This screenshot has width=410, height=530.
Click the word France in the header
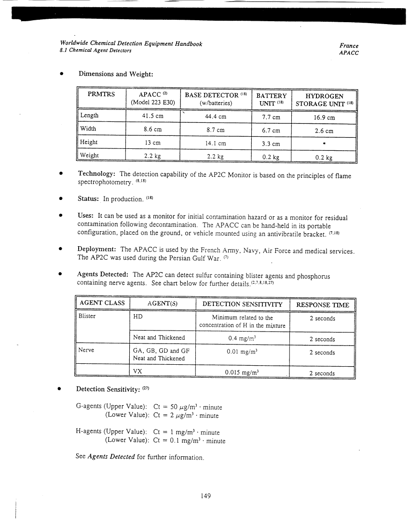coord(349,45)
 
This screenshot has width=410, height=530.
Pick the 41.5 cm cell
coord(152,117)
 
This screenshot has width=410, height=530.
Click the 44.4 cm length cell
coord(215,117)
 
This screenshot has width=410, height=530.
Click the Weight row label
coord(89,155)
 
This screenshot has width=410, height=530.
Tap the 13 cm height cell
coord(152,143)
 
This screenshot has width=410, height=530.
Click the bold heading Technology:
coord(96,174)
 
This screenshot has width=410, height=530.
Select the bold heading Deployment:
coord(97,250)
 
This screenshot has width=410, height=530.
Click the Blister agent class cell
coord(87,317)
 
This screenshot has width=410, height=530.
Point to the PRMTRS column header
coord(101,95)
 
